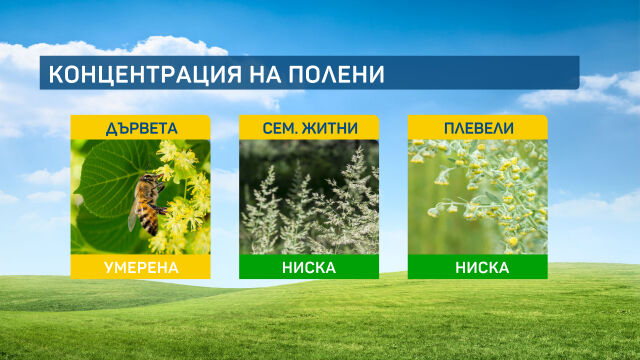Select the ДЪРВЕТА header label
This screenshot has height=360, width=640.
[140, 128]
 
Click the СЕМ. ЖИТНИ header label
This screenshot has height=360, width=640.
[309, 128]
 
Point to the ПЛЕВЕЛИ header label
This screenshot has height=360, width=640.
[477, 128]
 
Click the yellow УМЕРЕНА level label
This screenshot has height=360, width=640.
[140, 267]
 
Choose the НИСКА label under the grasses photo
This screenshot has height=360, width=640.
[309, 267]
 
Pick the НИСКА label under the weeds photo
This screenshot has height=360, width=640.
[477, 267]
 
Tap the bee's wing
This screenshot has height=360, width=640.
[134, 213]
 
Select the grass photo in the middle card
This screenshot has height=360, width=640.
[309, 197]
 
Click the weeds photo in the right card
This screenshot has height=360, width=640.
[477, 197]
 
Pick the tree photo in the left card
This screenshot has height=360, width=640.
[140, 197]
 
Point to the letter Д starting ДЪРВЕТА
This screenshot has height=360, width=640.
[109, 128]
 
